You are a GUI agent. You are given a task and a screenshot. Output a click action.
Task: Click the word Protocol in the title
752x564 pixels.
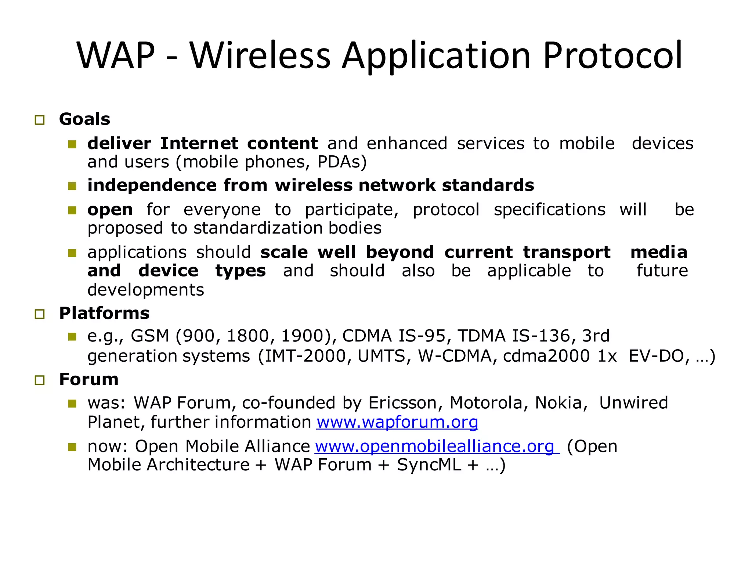(x=612, y=56)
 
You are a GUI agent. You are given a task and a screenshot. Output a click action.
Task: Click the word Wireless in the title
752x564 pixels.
(x=260, y=56)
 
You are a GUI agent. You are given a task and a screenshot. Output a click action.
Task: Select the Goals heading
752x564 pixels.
(x=84, y=119)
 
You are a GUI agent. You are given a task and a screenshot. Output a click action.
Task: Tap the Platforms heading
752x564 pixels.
(x=104, y=313)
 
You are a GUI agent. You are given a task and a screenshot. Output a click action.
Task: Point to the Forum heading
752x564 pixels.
(x=89, y=379)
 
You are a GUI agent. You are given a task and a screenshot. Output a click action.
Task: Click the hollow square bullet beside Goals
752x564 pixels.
(x=40, y=120)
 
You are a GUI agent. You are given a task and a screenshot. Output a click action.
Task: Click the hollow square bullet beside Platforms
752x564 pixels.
(x=40, y=314)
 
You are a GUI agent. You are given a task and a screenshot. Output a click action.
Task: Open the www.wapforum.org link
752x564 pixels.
(x=397, y=422)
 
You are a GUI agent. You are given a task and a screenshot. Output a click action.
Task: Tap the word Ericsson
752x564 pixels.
(x=403, y=403)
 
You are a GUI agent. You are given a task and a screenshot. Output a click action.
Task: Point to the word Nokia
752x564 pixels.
(x=560, y=403)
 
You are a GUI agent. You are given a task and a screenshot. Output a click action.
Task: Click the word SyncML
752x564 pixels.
(x=429, y=465)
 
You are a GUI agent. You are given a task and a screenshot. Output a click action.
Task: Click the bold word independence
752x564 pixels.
(x=152, y=185)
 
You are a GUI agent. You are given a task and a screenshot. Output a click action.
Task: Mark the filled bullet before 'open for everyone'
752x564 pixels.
(x=72, y=210)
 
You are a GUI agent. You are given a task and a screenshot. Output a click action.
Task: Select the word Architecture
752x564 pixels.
(x=198, y=465)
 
